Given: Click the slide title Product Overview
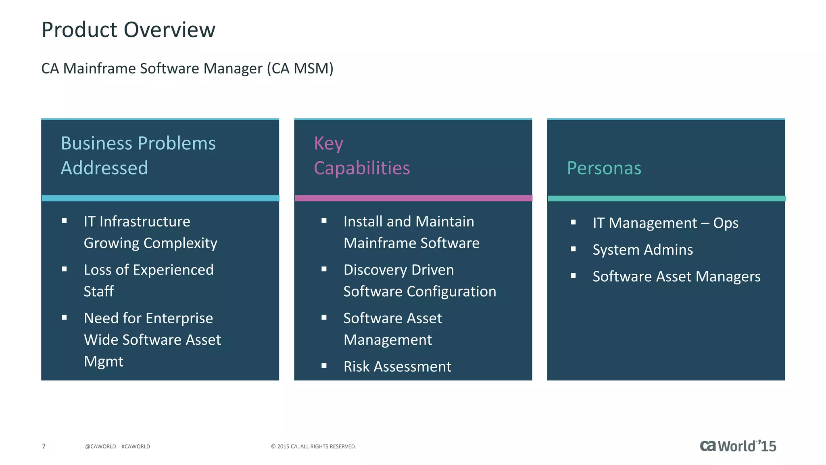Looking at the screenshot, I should pos(128,30).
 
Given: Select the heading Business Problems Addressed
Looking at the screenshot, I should pos(138,155).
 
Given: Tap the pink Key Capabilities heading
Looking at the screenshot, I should pos(361,156).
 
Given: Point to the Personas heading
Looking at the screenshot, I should pos(604,168).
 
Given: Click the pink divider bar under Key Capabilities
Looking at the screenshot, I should pos(413,198).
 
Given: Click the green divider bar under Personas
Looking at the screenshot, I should pos(666,198).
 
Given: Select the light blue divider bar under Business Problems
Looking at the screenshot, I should pos(160,198).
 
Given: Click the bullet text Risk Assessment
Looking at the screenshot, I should pos(397,367).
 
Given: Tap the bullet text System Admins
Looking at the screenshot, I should pos(642,250).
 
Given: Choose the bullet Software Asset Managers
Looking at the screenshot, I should pos(676,276).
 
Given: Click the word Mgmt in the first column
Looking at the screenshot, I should pos(103,361).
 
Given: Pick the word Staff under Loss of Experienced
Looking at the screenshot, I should pos(99,291).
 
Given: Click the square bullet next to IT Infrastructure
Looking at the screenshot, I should pos(64,220).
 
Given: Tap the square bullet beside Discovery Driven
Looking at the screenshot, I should pos(324,269).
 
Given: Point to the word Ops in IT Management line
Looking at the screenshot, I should pos(726,223).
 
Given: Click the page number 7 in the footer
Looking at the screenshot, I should pos(44,446).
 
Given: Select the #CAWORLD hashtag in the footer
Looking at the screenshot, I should pos(136,446).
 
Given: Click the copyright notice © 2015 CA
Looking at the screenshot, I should pos(313,446).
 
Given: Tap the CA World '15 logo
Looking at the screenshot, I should pos(738,446).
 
